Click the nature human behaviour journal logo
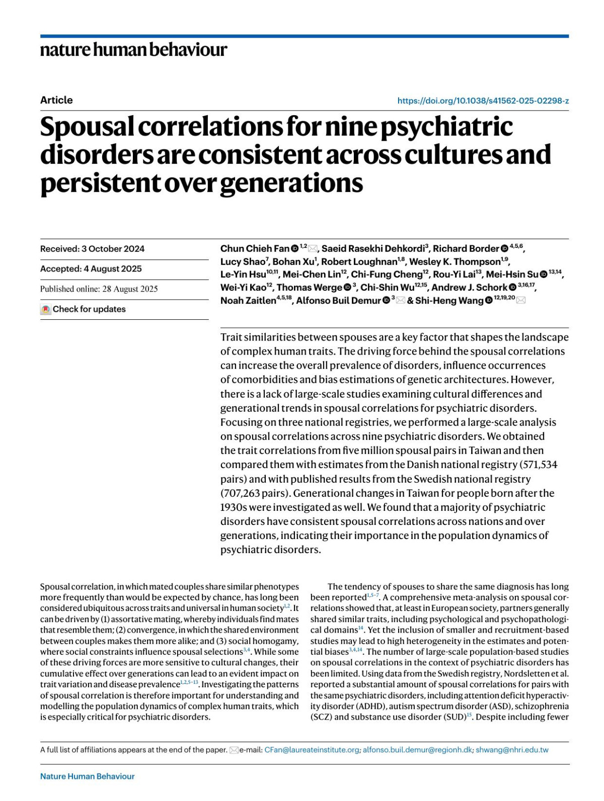[133, 50]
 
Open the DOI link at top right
[483, 101]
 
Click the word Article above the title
[56, 100]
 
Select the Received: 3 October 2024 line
[92, 249]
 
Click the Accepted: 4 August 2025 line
[91, 269]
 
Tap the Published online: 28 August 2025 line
[99, 289]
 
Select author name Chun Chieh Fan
[255, 248]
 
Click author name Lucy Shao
[242, 261]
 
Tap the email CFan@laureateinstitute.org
[312, 750]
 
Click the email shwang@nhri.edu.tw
[512, 750]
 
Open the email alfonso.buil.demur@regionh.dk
[417, 750]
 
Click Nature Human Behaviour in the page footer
[87, 776]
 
